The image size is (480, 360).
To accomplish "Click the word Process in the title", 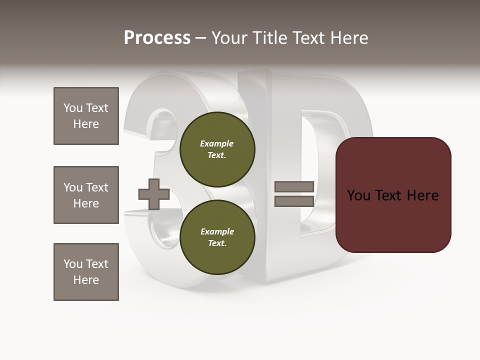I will click(157, 38).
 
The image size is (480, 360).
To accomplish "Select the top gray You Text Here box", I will click(86, 116).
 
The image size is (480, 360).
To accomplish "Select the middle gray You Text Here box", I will click(86, 195).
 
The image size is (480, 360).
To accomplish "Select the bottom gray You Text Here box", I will click(86, 272).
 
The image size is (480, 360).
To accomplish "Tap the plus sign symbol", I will click(153, 194).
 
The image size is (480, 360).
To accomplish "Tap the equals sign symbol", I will click(294, 194).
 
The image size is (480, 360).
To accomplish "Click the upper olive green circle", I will click(217, 149).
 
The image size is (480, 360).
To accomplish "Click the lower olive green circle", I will click(217, 237).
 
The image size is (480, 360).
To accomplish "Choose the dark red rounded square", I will click(393, 195).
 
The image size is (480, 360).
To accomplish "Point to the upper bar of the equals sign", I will click(294, 187).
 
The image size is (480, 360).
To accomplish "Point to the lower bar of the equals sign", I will click(294, 201).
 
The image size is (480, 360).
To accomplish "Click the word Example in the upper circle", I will click(217, 143).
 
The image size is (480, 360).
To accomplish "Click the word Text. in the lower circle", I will click(217, 243).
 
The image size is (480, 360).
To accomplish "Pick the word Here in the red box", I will click(422, 195).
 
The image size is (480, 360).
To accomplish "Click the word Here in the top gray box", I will click(86, 124).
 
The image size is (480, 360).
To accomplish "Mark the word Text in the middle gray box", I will click(97, 187).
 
